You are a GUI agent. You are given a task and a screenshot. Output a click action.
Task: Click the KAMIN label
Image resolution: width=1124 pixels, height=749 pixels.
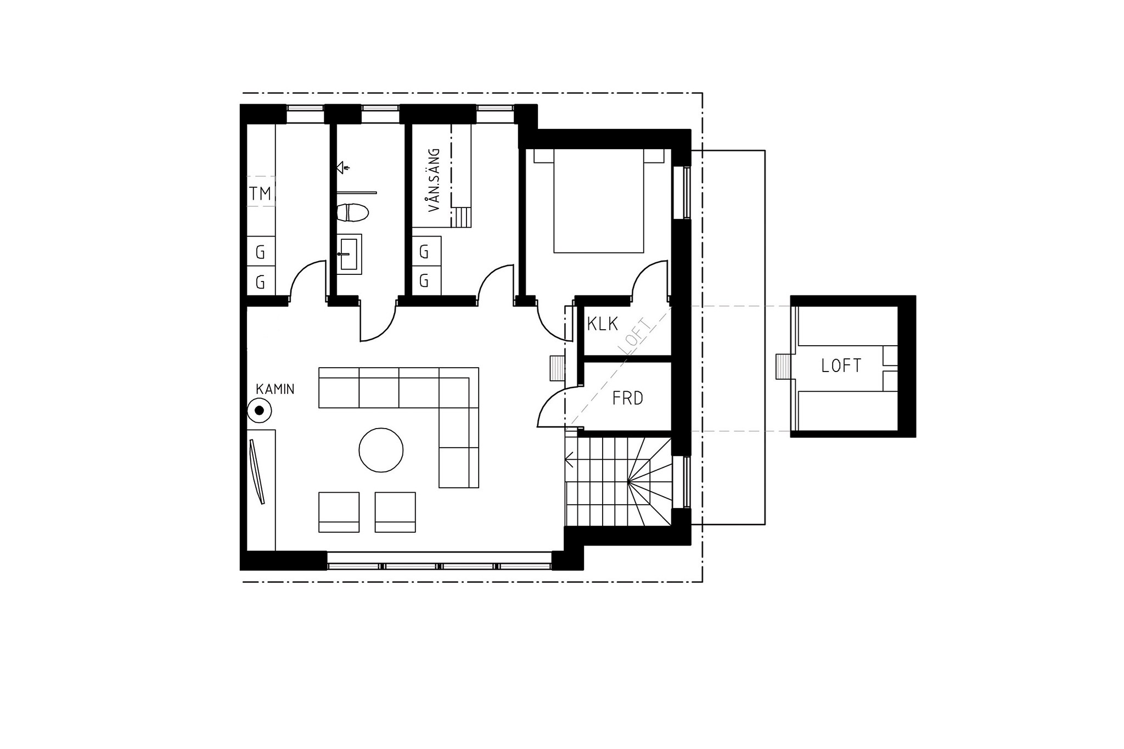click(275, 389)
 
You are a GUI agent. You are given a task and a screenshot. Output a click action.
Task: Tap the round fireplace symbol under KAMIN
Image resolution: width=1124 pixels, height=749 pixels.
click(259, 410)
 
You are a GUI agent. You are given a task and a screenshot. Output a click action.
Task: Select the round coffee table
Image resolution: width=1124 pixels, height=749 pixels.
click(381, 450)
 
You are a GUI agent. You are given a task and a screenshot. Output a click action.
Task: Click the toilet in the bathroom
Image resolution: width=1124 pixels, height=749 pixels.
click(351, 213)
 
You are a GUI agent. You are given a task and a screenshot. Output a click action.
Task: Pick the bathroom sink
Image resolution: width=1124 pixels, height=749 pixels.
click(349, 254)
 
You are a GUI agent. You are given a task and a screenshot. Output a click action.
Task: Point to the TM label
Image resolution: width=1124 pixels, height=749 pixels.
click(260, 194)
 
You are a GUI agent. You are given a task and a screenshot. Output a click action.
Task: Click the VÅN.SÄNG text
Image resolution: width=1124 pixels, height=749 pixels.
click(434, 180)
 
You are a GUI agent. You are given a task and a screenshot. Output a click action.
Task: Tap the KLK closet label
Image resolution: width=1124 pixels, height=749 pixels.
click(603, 324)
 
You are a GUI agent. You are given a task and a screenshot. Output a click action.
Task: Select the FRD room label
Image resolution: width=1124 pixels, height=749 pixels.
click(627, 398)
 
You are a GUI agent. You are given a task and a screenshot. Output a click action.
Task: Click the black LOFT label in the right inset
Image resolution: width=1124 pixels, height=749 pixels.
click(841, 366)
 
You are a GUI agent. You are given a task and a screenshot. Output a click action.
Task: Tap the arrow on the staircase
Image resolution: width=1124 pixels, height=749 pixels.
click(570, 459)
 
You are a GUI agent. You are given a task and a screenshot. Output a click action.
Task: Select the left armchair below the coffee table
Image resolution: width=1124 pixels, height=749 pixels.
click(339, 512)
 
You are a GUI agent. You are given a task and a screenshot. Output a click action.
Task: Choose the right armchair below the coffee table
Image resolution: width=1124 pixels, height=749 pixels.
click(395, 512)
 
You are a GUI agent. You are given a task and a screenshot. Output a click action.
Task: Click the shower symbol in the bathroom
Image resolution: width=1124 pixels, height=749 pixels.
click(342, 167)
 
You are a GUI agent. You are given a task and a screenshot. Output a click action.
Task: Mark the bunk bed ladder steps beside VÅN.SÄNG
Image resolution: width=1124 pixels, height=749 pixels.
click(461, 217)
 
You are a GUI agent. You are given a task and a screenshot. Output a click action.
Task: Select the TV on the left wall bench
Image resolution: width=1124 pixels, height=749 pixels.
click(257, 471)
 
